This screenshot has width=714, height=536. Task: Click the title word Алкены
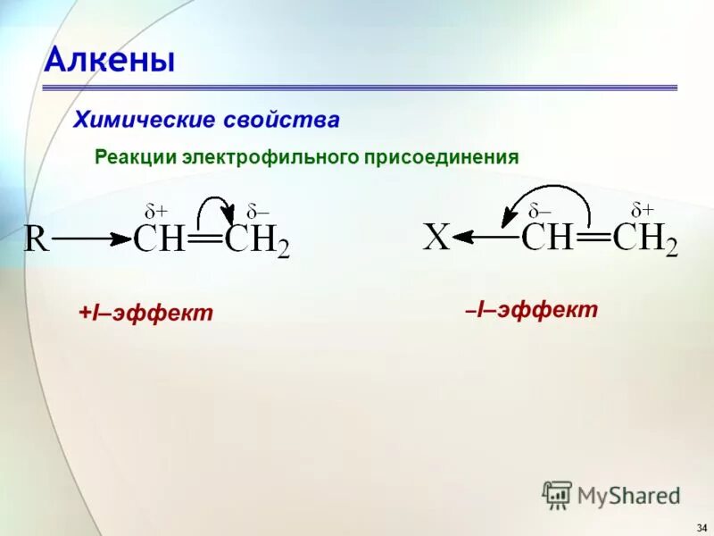109,60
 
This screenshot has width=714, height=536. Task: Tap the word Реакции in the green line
135,157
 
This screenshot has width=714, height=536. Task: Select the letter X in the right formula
436,239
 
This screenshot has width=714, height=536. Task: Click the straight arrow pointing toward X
484,237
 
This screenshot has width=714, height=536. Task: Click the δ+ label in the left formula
156,212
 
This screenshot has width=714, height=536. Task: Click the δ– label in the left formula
258,212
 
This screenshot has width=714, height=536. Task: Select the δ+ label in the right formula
643,210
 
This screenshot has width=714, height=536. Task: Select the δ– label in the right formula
539,210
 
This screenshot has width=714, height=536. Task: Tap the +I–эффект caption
145,313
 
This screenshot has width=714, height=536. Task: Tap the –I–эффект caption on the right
530,310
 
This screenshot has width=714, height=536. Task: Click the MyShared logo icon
557,494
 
